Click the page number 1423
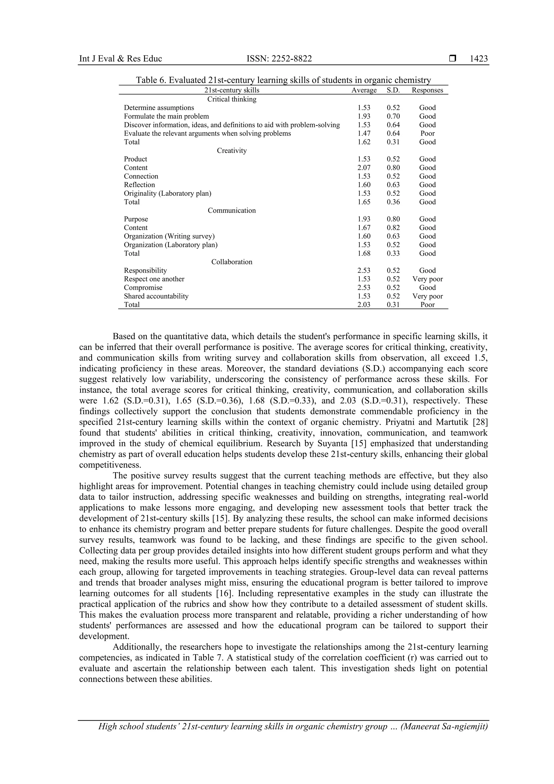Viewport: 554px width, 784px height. click(479, 59)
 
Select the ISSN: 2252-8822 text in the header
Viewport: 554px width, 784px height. click(279, 59)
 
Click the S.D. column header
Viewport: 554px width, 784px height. click(393, 90)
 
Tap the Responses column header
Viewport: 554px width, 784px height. click(427, 90)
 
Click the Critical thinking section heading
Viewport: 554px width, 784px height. click(232, 99)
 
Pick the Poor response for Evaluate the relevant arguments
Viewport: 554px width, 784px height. click(427, 133)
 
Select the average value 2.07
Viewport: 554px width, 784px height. click(364, 168)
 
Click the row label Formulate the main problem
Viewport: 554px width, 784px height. click(166, 116)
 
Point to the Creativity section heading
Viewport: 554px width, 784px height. click(232, 150)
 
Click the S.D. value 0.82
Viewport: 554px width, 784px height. click(393, 228)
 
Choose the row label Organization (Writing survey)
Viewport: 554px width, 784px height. click(169, 236)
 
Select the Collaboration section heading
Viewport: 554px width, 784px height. click(232, 262)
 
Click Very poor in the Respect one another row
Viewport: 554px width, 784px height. click(427, 279)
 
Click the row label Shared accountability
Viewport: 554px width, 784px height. click(156, 296)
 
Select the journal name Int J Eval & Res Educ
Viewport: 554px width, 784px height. click(120, 59)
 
